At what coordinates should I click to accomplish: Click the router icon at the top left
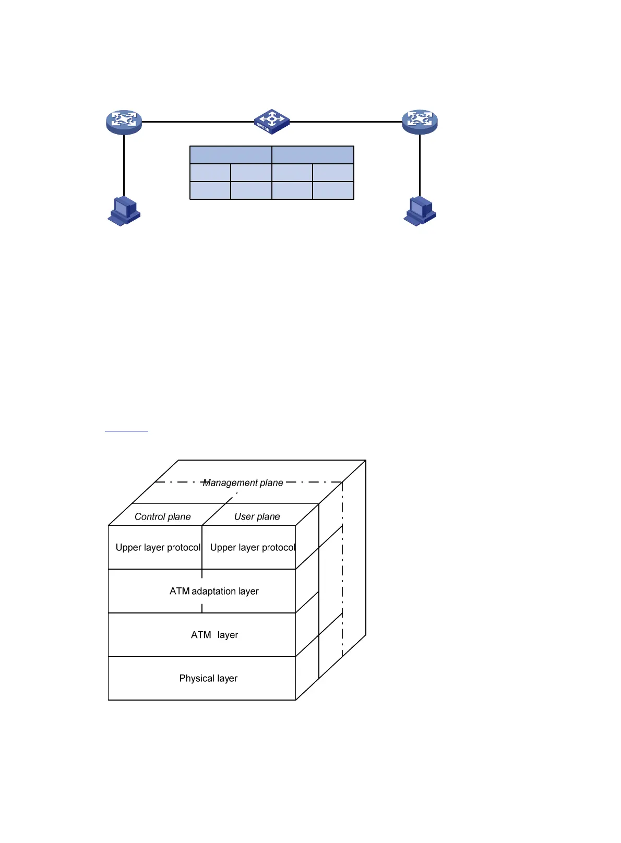coord(124,122)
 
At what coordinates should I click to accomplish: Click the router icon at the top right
coord(420,122)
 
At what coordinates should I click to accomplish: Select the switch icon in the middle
coord(271,122)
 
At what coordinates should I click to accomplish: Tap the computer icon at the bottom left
coord(124,211)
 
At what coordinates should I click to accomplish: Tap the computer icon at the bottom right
coord(420,211)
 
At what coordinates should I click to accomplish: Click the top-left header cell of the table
coord(231,155)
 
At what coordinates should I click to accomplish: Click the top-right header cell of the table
coord(313,155)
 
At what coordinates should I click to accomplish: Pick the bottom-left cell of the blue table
coord(210,190)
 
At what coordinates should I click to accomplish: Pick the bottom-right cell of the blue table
coord(333,190)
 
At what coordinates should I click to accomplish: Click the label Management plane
coord(243,483)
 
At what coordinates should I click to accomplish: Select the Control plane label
coord(163,516)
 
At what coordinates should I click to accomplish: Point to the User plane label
coord(257,516)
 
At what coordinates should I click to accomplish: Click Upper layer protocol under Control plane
coord(158,547)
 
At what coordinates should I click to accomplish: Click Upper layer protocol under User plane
coord(253,547)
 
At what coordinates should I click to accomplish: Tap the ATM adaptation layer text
coord(214,591)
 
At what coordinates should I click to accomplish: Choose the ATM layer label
coord(214,635)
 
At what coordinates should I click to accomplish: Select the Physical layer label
coord(208,678)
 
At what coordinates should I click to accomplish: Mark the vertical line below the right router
coord(420,164)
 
